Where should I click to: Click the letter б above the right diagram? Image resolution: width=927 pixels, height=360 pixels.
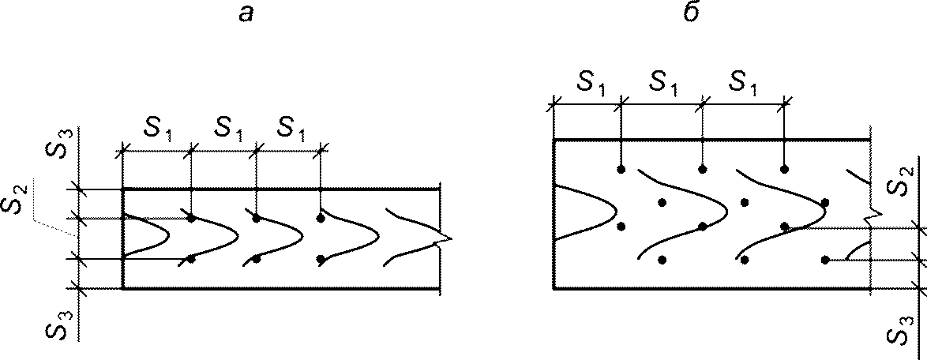coord(691,13)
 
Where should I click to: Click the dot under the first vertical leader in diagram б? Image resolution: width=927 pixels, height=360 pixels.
coord(621,170)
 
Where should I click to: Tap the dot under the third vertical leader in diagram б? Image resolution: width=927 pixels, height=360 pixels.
coord(784,170)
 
